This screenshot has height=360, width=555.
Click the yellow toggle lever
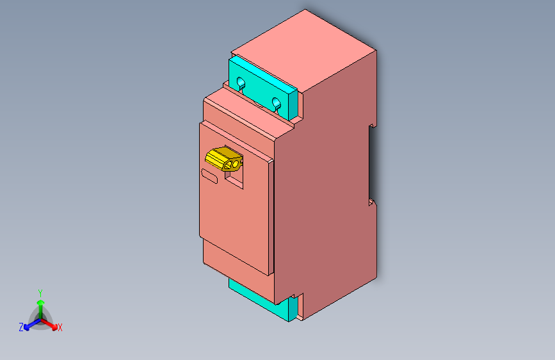coord(221,158)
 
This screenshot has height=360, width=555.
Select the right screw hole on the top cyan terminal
coord(277,102)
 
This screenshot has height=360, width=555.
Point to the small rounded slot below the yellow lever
coord(210,175)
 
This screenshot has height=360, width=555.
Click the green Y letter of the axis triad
coord(40,291)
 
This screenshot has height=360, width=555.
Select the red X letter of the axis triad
coord(60,327)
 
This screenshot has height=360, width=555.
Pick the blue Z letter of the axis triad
coord(21,327)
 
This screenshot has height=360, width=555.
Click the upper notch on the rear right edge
coord(371,126)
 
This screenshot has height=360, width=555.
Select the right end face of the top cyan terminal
coord(294,106)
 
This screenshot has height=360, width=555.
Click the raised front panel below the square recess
coord(234,224)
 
